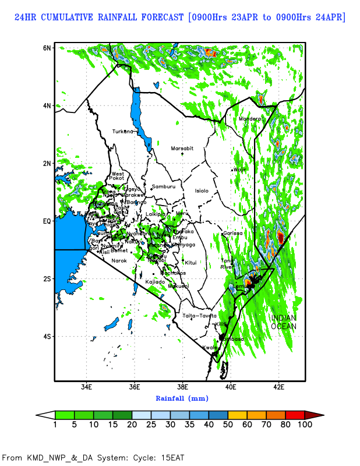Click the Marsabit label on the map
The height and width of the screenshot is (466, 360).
point(182,149)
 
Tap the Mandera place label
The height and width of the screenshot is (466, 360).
point(250,119)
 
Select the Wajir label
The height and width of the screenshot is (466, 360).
point(241,170)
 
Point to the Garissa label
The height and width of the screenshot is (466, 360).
point(232,234)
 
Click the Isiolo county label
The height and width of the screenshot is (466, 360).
point(202,190)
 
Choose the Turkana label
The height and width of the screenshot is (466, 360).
point(123,132)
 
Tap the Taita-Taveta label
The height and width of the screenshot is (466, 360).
point(200,316)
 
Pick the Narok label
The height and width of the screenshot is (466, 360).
point(119,261)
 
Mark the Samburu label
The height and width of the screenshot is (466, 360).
point(163,187)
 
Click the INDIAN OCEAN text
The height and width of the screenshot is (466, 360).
point(283,322)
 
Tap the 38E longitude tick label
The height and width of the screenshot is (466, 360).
point(182,386)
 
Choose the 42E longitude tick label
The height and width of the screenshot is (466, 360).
point(278,386)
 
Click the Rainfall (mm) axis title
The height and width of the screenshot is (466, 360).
point(182,398)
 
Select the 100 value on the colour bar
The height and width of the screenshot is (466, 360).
point(305,425)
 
